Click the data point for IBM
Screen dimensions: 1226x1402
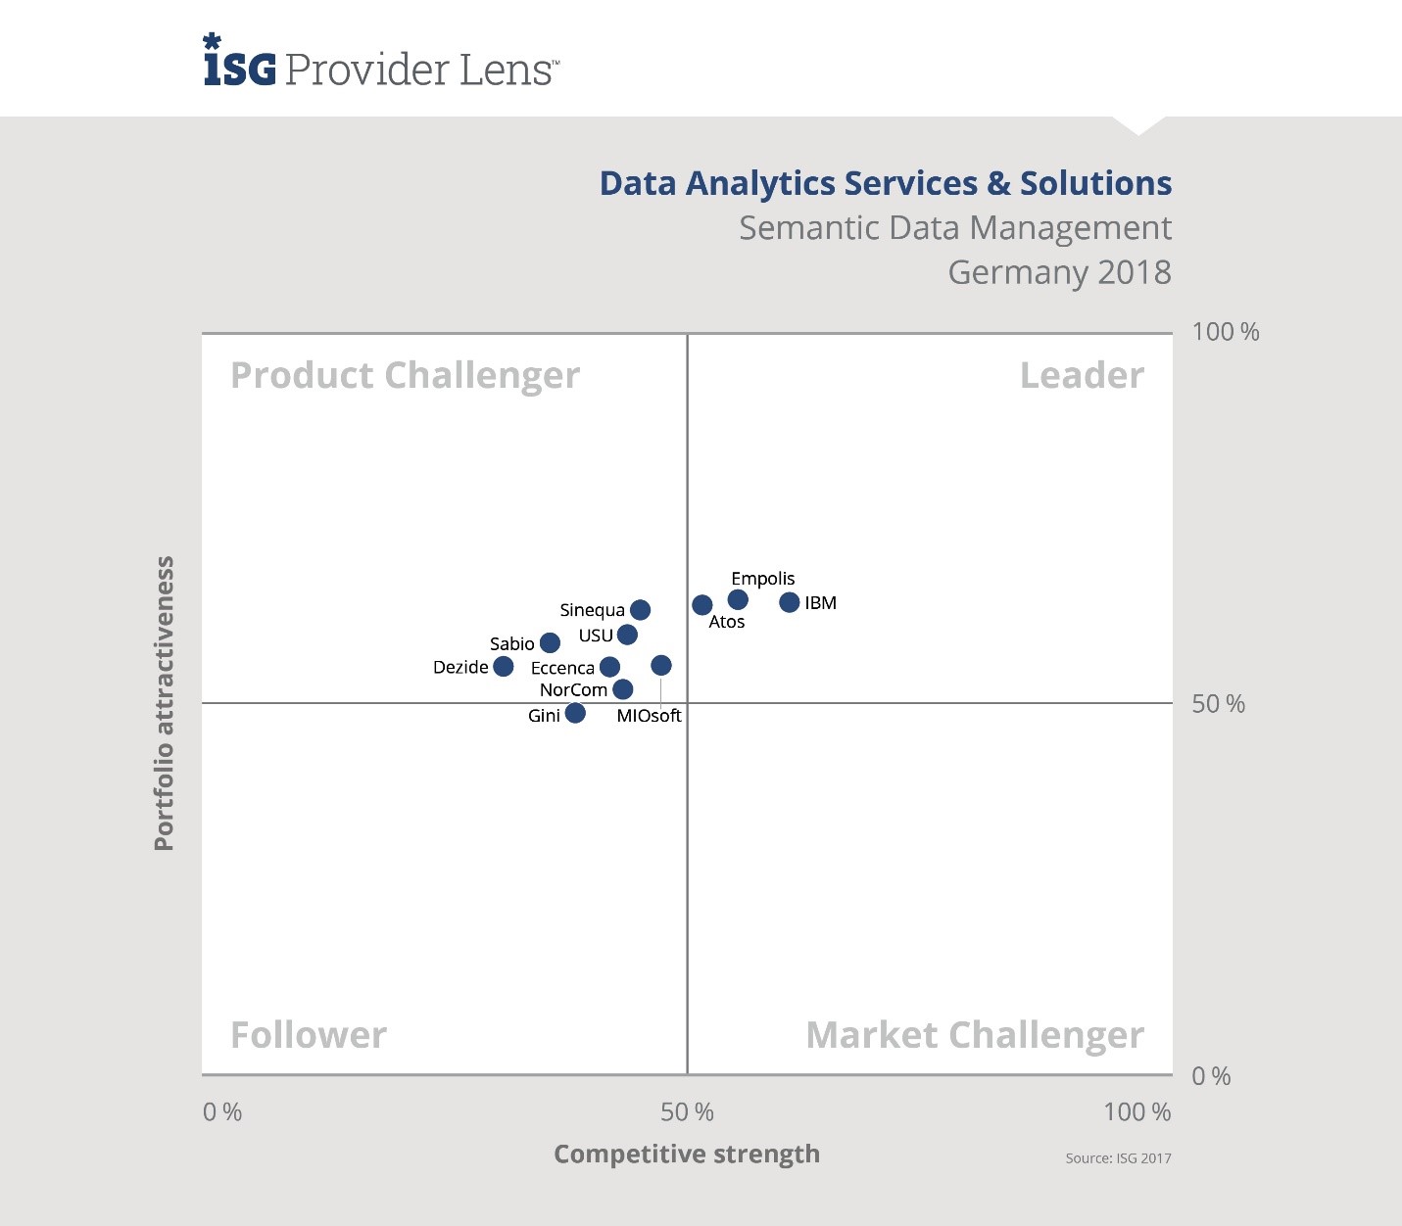(x=789, y=602)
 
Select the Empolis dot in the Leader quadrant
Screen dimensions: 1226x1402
(x=738, y=599)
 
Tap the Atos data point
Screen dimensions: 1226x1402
(x=701, y=605)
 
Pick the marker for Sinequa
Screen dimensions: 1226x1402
(x=640, y=610)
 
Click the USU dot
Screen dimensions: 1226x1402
(x=627, y=635)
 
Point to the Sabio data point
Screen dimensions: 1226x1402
(x=550, y=643)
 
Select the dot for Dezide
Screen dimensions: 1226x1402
(x=504, y=667)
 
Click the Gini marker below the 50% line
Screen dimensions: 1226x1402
(x=575, y=713)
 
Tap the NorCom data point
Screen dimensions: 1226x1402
(x=622, y=689)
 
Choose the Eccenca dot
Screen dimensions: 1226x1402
(x=609, y=667)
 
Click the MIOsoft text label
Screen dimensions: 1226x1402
(x=649, y=716)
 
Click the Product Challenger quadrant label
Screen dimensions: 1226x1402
(x=405, y=376)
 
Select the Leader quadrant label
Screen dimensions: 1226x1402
(x=1082, y=376)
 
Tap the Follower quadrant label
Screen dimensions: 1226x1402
(x=309, y=1035)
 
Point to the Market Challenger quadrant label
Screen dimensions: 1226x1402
(x=974, y=1035)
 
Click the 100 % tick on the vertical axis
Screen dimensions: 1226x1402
(x=1225, y=332)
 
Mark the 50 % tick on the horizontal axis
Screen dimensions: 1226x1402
(x=687, y=1112)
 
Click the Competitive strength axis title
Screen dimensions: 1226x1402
(x=687, y=1155)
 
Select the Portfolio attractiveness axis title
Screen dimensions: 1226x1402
(x=165, y=703)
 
